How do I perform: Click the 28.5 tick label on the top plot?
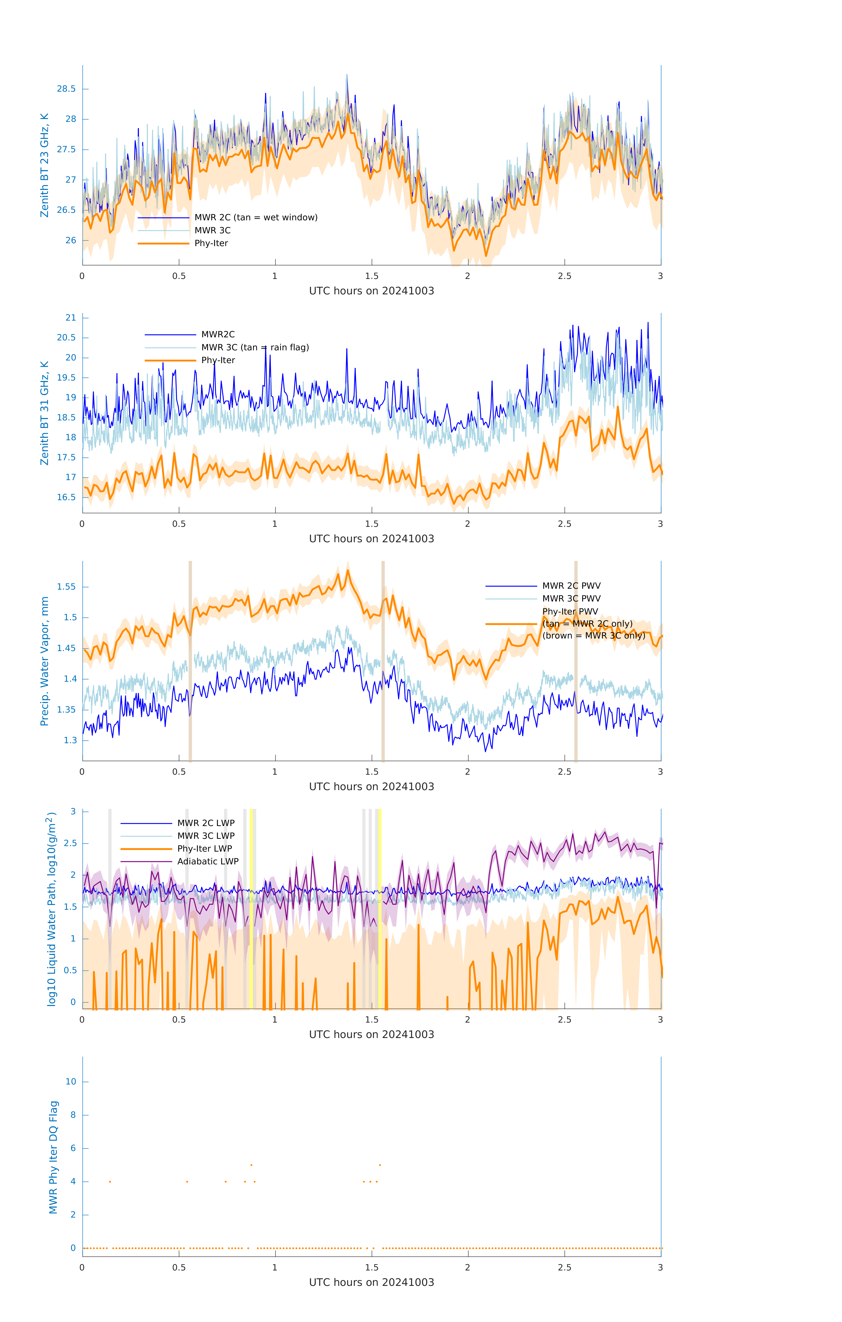[66, 89]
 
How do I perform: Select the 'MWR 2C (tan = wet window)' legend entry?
[256, 217]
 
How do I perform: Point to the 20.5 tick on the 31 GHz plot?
[66, 338]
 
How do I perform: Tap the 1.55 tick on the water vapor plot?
[66, 587]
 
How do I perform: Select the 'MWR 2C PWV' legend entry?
[571, 586]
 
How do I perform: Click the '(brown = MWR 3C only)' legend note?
[593, 636]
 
